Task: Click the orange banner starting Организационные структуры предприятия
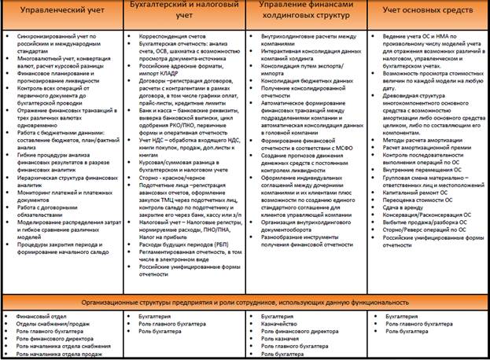[245, 303]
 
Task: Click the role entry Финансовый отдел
[35, 314]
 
